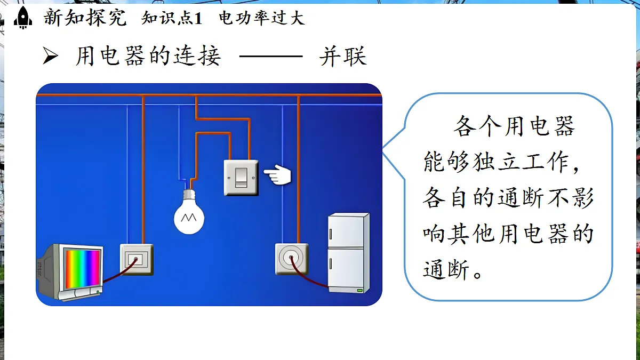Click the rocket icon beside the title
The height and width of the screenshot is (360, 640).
(23, 18)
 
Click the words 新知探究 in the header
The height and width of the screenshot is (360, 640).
(85, 18)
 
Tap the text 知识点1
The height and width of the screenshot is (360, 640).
(172, 18)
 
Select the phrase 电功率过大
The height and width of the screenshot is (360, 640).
(262, 18)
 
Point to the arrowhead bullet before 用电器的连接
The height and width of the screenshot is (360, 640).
(50, 55)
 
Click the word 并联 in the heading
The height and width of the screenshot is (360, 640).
(343, 57)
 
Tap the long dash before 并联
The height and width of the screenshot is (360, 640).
(271, 57)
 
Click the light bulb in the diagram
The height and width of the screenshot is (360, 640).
(189, 212)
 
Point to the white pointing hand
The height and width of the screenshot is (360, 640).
(277, 174)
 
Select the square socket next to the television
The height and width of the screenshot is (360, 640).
(137, 259)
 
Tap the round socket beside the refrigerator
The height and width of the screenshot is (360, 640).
(292, 259)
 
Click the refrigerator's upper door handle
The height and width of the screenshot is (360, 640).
(331, 234)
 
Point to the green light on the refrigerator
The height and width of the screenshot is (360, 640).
(359, 291)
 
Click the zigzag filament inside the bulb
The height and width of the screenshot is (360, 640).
(189, 218)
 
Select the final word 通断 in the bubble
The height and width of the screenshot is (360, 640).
(446, 269)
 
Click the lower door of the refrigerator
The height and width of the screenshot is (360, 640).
(346, 270)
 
